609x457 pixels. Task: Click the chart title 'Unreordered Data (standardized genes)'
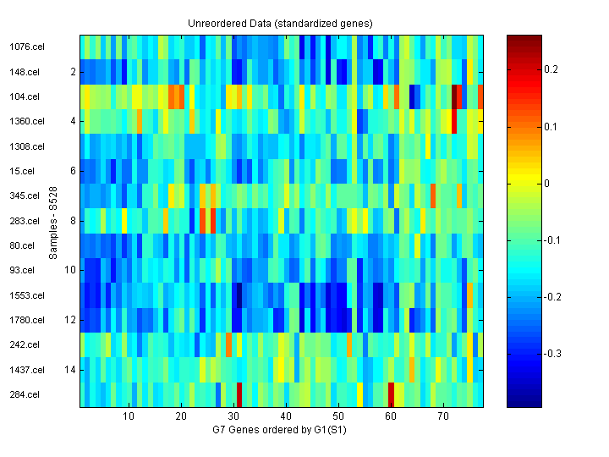pos(280,23)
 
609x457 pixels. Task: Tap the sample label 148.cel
pos(25,72)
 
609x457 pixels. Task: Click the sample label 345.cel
pos(25,196)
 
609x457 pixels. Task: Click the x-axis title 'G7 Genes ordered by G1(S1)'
pos(280,430)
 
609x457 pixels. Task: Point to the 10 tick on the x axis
pos(129,416)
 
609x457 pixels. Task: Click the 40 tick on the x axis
pos(286,416)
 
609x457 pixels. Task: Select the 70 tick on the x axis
pos(443,416)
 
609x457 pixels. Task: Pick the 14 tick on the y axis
pos(71,370)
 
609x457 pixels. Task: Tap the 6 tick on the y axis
pos(74,171)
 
